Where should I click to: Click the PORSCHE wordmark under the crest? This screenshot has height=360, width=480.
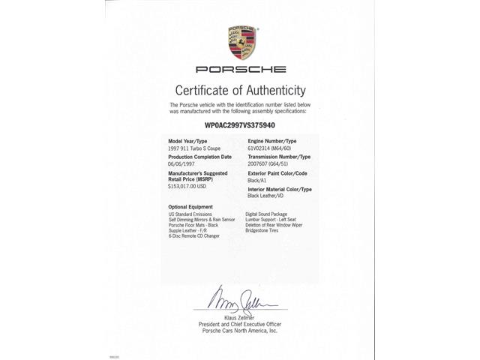click(x=240, y=70)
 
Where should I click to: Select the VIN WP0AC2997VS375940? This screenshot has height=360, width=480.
click(x=239, y=127)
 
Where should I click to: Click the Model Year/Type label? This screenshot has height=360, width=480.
click(x=187, y=141)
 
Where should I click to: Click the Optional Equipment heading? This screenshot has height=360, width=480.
click(x=190, y=206)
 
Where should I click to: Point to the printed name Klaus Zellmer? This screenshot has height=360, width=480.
click(x=239, y=318)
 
